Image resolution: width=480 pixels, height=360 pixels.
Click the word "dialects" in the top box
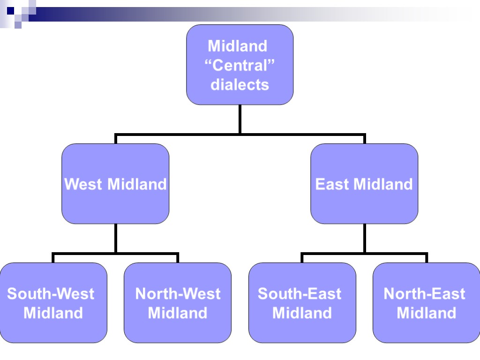240,85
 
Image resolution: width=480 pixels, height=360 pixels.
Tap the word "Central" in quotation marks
240,66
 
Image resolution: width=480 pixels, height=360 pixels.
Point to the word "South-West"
51,294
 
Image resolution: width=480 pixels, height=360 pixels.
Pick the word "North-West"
178,294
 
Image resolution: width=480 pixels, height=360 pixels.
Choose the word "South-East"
300,294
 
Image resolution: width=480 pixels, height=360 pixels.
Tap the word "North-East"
424,294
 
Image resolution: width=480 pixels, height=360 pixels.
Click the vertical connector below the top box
240,119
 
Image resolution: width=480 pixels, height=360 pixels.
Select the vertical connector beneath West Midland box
115,238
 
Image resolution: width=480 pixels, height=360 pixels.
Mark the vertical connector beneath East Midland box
364,238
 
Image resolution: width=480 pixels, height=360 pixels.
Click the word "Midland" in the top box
237,46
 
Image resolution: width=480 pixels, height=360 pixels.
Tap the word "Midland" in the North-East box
427,313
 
